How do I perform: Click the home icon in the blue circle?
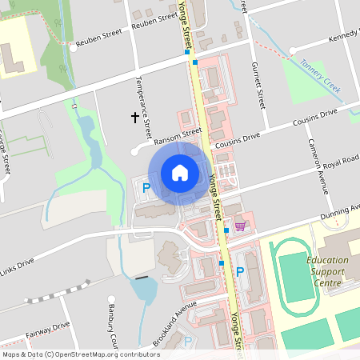coord(179,172)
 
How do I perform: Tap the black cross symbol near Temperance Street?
coord(135,117)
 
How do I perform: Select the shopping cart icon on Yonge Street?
coord(239,227)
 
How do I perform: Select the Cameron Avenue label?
coord(318,165)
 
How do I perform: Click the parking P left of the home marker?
coord(146,189)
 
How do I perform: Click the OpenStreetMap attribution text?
coord(80,354)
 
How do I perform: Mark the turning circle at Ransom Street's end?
coord(134,150)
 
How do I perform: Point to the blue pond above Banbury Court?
coord(145,289)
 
